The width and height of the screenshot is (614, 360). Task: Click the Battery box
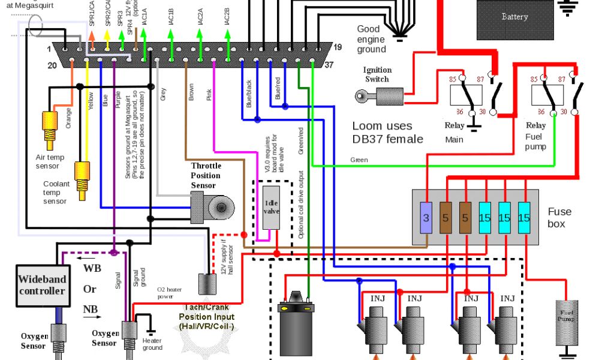pyautogui.click(x=514, y=18)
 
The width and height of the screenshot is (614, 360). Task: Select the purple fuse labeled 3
pyautogui.click(x=426, y=218)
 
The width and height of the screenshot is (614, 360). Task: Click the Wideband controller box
pyautogui.click(x=41, y=285)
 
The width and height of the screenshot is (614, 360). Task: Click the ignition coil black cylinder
pyautogui.click(x=297, y=327)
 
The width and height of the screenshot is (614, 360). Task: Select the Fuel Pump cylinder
pyautogui.click(x=567, y=322)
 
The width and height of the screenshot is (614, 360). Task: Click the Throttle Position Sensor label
pyautogui.click(x=206, y=175)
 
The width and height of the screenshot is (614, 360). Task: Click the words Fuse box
pyautogui.click(x=559, y=217)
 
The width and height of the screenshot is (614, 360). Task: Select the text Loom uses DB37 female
pyautogui.click(x=387, y=133)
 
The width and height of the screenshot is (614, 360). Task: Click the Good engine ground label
pyautogui.click(x=371, y=39)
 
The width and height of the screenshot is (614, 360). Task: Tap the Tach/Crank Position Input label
pyautogui.click(x=207, y=317)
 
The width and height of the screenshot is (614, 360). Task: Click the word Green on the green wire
pyautogui.click(x=359, y=160)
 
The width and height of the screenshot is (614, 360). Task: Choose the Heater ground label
pyautogui.click(x=152, y=344)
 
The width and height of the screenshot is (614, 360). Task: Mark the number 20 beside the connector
pyautogui.click(x=52, y=65)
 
